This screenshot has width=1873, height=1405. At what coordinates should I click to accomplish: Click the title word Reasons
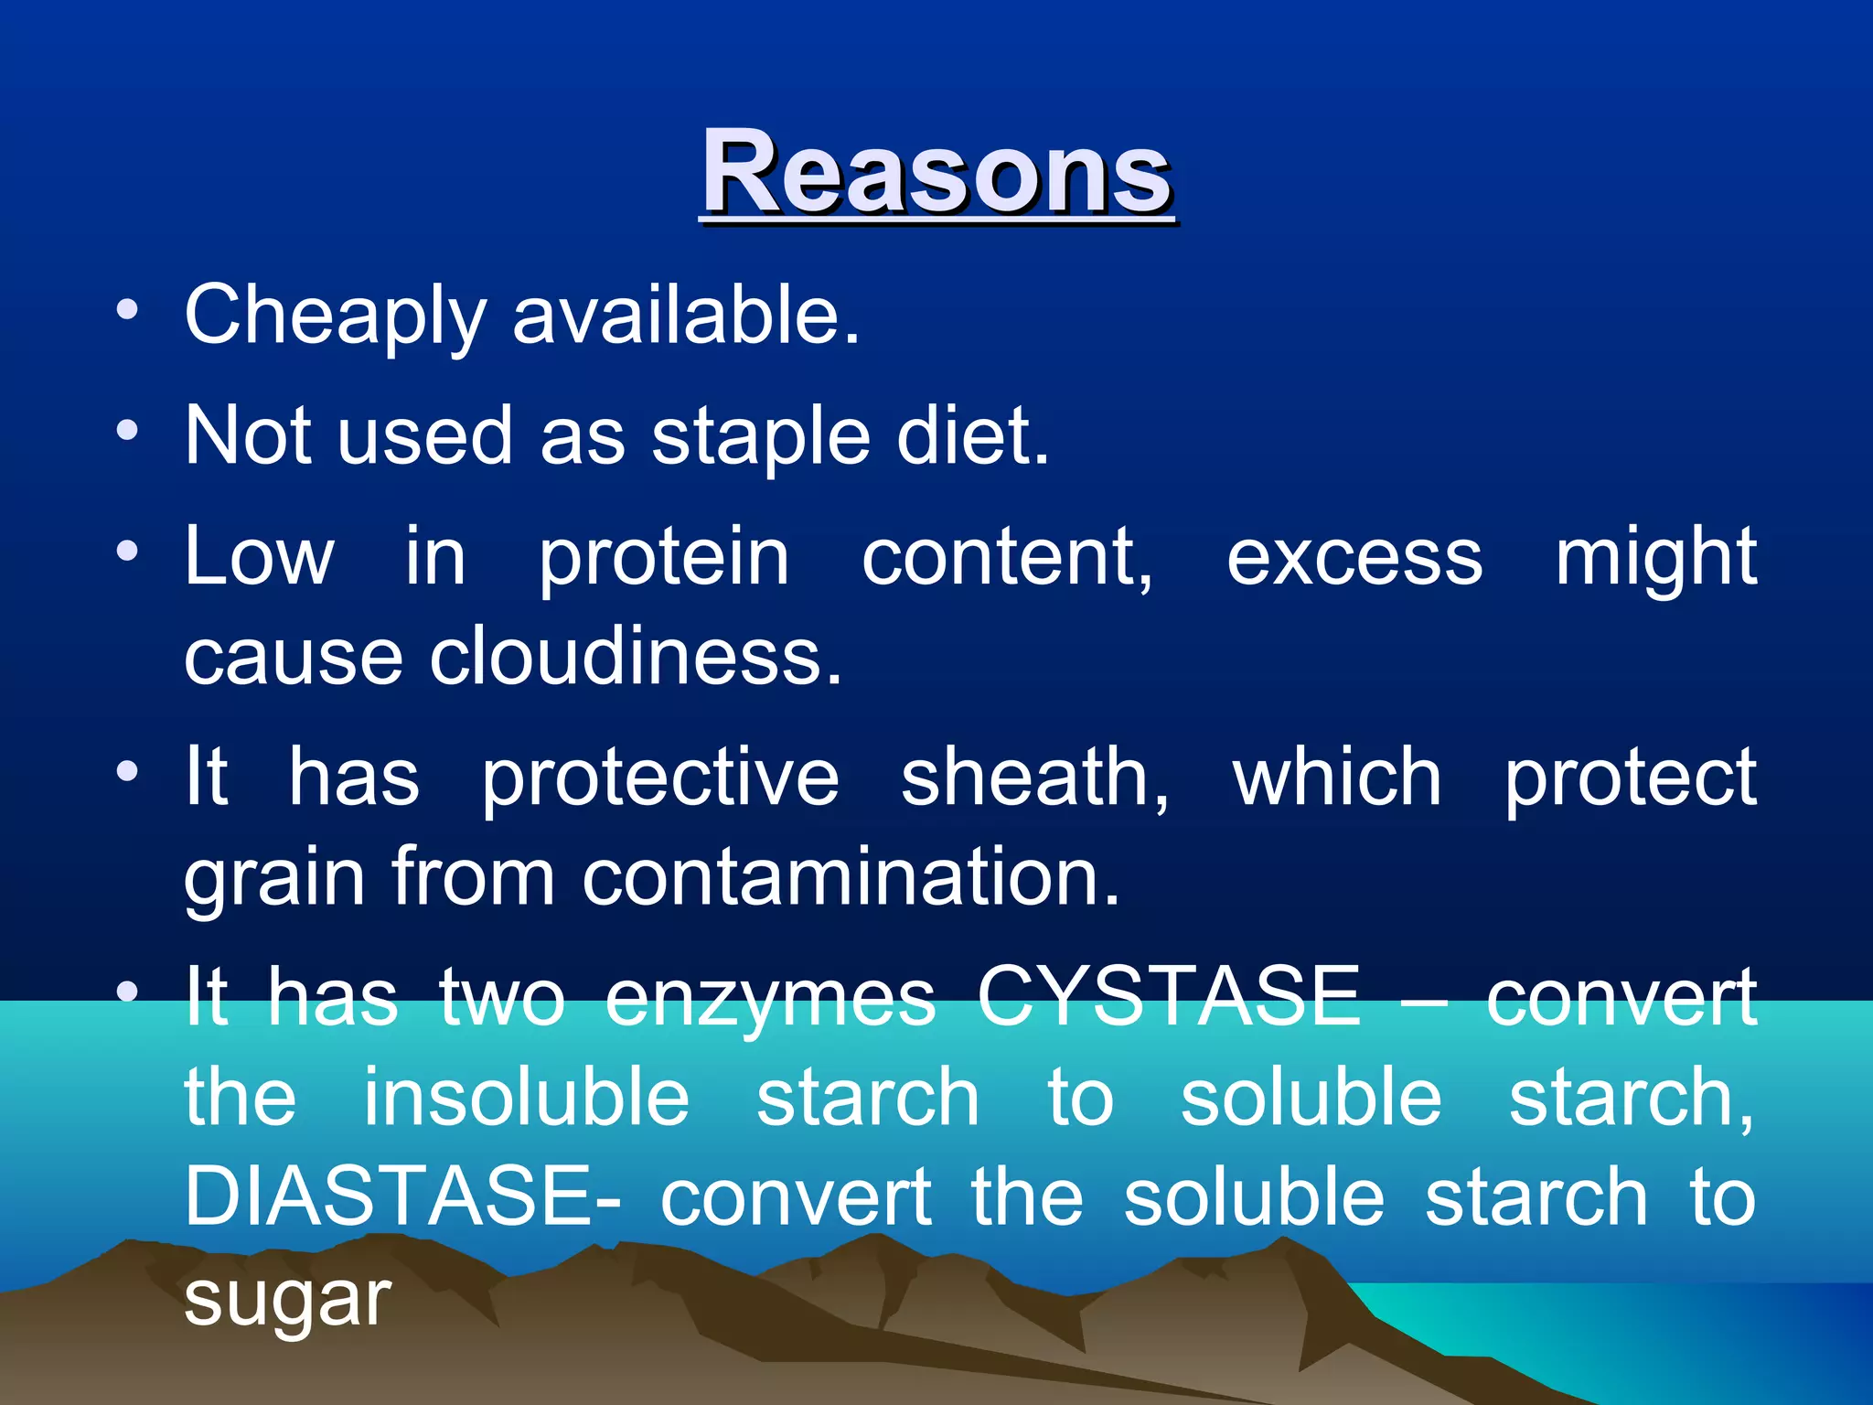pyautogui.click(x=936, y=174)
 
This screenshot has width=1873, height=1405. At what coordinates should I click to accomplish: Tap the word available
pyautogui.click(x=686, y=316)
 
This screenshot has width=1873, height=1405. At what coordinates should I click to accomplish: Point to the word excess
pyautogui.click(x=1354, y=557)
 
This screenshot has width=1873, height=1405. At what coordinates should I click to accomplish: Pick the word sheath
pyautogui.click(x=1033, y=778)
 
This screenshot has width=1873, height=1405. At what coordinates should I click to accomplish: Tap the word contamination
pyautogui.click(x=851, y=877)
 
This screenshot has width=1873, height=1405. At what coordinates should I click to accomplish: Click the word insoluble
pyautogui.click(x=526, y=1098)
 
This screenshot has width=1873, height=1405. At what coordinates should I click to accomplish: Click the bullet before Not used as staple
pyautogui.click(x=127, y=429)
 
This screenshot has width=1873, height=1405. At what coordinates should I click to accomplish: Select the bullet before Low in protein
pyautogui.click(x=127, y=550)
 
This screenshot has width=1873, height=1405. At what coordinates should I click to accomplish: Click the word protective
pyautogui.click(x=659, y=778)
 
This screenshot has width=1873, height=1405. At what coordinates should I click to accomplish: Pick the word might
pyautogui.click(x=1655, y=557)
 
